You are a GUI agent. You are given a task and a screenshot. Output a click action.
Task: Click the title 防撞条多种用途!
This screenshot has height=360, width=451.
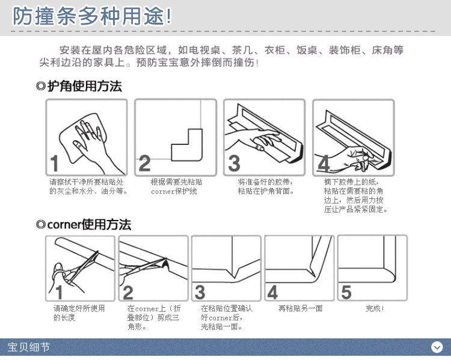pyautogui.click(x=92, y=16)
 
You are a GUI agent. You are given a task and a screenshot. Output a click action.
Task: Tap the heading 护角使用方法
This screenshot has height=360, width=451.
pyautogui.click(x=85, y=86)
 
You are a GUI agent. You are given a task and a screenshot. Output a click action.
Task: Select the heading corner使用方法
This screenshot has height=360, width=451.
pyautogui.click(x=89, y=225)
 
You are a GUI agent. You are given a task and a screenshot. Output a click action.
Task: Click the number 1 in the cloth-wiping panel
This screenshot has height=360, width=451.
pyautogui.click(x=54, y=163)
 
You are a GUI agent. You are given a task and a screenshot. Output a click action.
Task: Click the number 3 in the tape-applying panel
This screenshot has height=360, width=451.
pyautogui.click(x=234, y=163)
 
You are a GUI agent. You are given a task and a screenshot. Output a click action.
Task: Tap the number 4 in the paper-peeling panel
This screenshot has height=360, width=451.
pyautogui.click(x=324, y=163)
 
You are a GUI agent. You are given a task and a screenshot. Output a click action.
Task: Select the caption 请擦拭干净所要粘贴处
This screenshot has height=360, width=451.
pyautogui.click(x=86, y=182)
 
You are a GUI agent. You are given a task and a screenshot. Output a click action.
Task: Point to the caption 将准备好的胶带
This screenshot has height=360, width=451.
pyautogui.click(x=265, y=182)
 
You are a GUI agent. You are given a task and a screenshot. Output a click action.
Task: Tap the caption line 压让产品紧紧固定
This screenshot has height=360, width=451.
pyautogui.click(x=355, y=209)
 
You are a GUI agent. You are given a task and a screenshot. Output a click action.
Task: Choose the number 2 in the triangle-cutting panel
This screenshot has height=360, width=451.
pyautogui.click(x=127, y=293)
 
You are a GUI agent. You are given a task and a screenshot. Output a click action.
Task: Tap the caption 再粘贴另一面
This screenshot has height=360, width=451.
pyautogui.click(x=300, y=308)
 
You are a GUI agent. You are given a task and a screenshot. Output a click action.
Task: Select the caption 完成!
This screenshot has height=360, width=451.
pyautogui.click(x=375, y=308)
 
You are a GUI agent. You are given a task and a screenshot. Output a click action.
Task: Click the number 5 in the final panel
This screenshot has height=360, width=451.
pyautogui.click(x=346, y=293)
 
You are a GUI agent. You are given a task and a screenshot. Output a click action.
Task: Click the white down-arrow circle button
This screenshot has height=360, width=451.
pyautogui.click(x=437, y=347)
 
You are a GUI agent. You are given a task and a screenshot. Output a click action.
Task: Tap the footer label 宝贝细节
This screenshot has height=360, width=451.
pyautogui.click(x=29, y=347)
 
